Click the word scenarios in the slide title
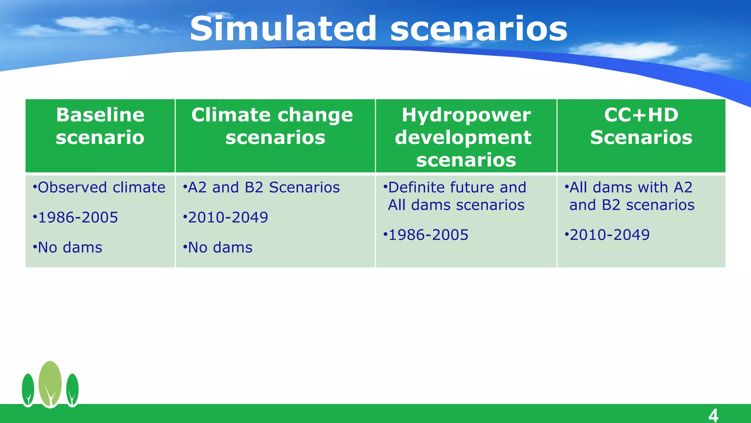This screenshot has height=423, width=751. (x=479, y=29)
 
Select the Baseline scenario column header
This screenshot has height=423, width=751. (x=100, y=126)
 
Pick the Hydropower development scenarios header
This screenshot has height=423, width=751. (x=466, y=137)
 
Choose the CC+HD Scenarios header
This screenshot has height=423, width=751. (x=641, y=126)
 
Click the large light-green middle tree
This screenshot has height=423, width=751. (x=50, y=382)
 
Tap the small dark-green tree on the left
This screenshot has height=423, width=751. (x=28, y=389)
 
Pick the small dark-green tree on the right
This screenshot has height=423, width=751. (x=72, y=389)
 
